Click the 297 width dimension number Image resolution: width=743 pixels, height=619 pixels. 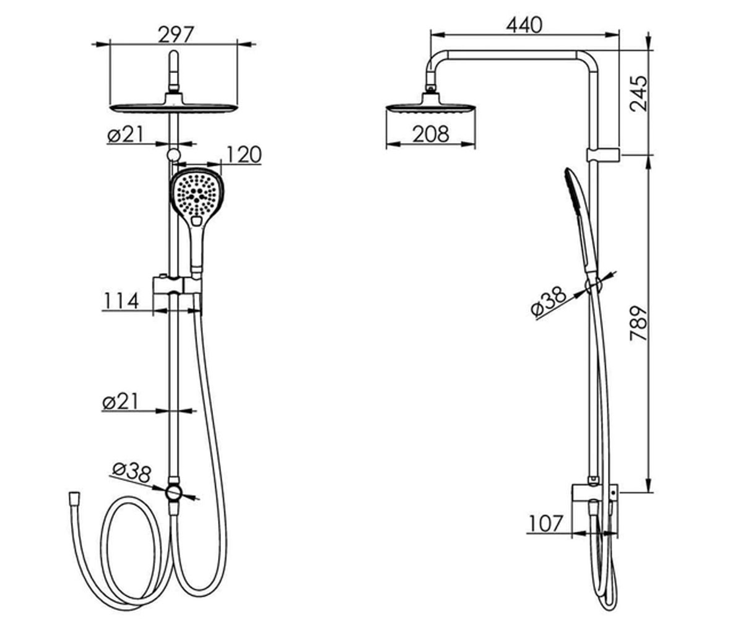pos(176,35)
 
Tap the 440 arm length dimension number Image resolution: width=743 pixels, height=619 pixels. pos(524,25)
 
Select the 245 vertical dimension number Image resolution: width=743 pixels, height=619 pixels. pos(639,93)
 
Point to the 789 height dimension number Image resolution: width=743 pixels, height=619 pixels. pos(639,323)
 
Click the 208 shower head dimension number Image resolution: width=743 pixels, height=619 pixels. pos(431,134)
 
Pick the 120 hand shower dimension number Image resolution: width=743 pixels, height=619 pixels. pos(244,155)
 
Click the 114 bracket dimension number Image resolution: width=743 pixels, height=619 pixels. pos(121,301)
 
